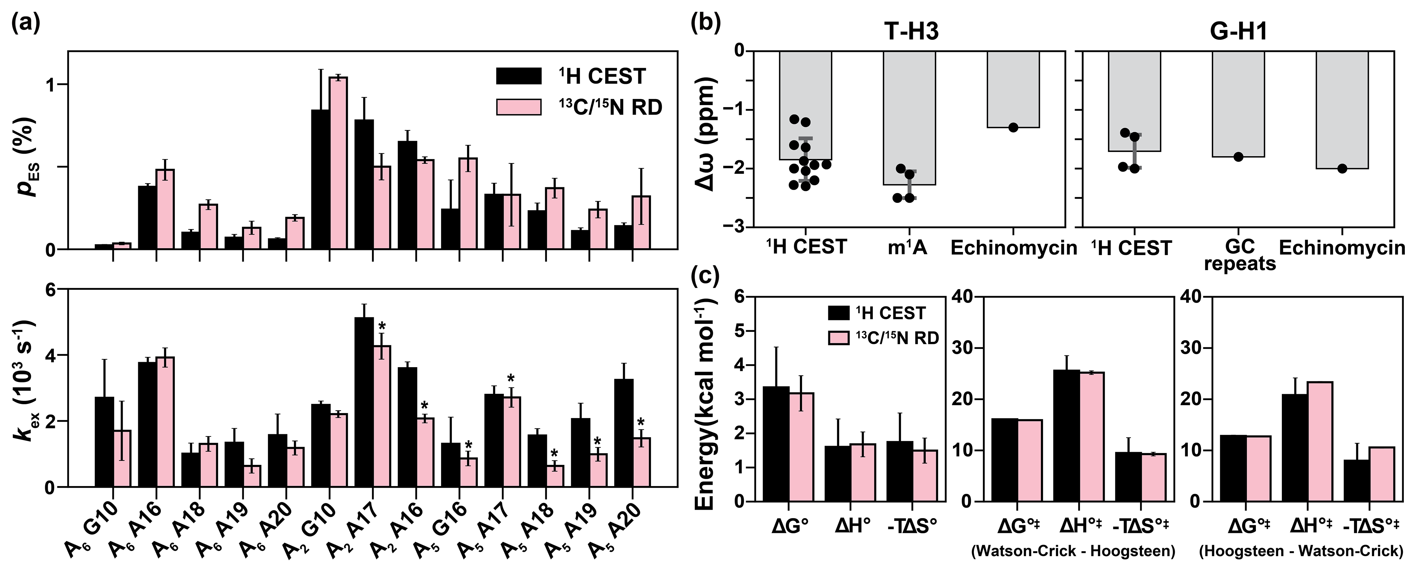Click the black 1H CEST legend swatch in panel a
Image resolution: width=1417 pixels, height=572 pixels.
click(x=518, y=76)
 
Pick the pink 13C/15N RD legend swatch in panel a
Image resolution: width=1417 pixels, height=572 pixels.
click(x=518, y=107)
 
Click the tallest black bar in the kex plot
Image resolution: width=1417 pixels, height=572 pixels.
click(x=364, y=402)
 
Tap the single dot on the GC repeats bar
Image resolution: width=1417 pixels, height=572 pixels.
click(x=1238, y=157)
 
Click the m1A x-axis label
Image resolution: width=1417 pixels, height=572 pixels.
click(x=907, y=248)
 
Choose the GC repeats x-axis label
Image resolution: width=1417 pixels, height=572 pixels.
click(x=1239, y=256)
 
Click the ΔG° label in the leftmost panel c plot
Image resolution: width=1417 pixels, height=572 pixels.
click(x=789, y=527)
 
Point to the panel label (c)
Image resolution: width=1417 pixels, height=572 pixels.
click(x=705, y=275)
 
